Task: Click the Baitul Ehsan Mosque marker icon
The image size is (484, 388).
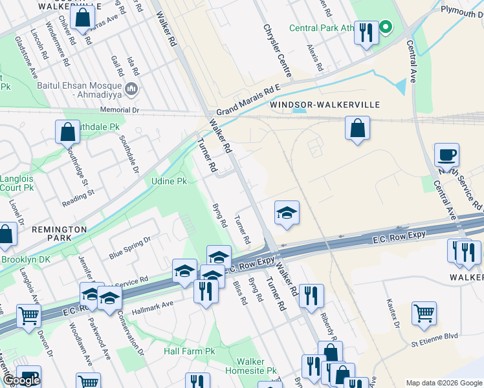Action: click(132, 89)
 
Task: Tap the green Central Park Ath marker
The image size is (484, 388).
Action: click(386, 27)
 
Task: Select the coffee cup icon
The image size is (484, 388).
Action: click(446, 156)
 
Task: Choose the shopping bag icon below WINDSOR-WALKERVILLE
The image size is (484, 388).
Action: click(357, 128)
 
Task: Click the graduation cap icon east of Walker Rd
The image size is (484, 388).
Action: click(286, 213)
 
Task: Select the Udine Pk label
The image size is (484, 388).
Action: click(168, 181)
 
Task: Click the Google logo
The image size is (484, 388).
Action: click(21, 380)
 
